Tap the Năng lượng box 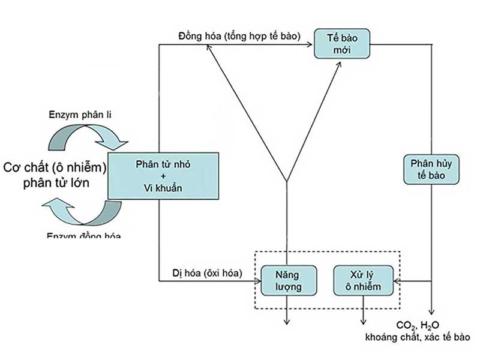[x=286, y=280]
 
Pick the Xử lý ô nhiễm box [x=365, y=280]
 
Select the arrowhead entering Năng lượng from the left [x=257, y=280]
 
